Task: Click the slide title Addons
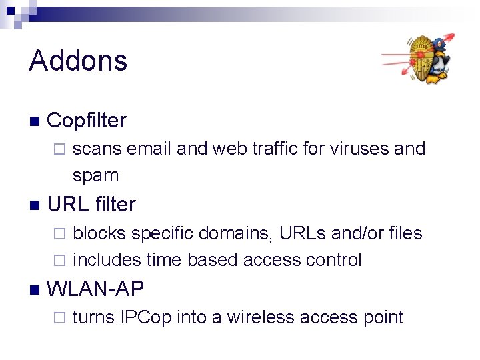[x=78, y=61]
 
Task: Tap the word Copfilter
[x=87, y=121]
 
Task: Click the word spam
[x=95, y=176]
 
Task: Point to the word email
[x=149, y=149]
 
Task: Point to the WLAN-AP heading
[x=95, y=289]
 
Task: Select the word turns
[x=94, y=317]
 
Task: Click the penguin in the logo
[x=437, y=61]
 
